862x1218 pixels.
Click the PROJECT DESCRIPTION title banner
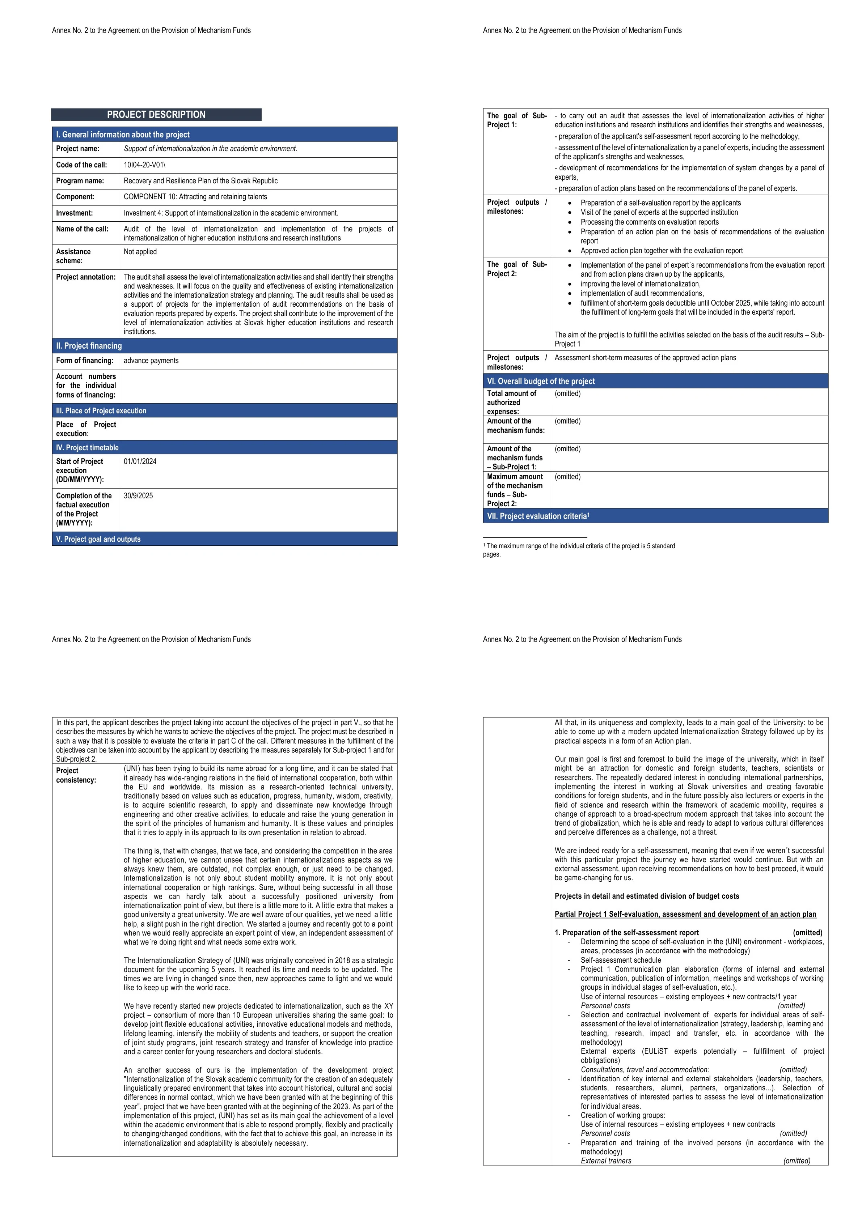point(156,115)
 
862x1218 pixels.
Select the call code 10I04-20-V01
point(144,165)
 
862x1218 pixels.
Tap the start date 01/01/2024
point(140,461)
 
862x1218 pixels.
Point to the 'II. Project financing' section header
point(89,346)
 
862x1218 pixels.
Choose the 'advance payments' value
point(151,361)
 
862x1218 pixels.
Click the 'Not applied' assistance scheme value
point(140,252)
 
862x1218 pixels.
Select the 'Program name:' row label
point(80,181)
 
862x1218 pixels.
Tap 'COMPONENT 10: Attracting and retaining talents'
point(195,197)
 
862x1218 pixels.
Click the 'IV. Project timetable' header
point(88,448)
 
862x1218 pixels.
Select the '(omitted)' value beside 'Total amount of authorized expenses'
point(567,393)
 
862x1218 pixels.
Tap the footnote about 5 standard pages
point(579,550)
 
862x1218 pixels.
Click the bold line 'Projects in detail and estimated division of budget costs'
point(646,896)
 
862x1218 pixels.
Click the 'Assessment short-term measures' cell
point(645,358)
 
